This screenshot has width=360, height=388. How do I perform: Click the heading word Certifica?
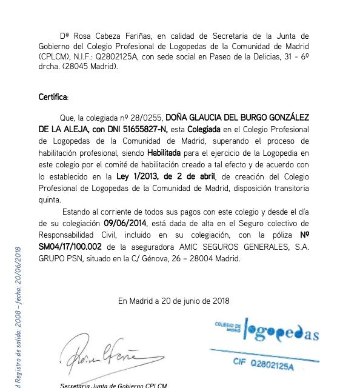[53, 97]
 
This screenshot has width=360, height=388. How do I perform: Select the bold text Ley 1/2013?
[135, 177]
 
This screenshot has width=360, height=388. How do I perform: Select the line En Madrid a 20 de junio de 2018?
[173, 299]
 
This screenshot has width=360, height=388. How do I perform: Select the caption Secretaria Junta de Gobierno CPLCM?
[113, 385]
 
